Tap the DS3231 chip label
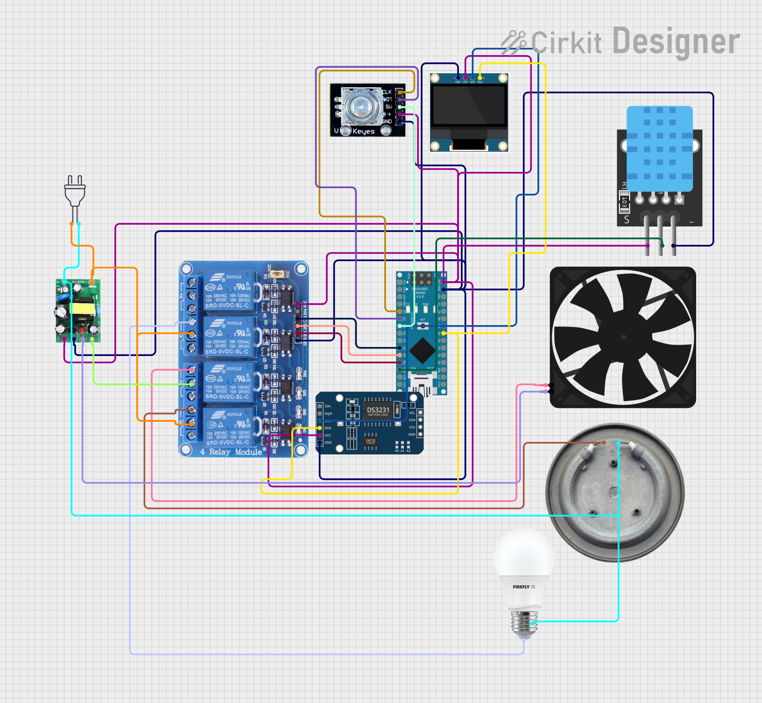point(378,410)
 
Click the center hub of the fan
point(624,337)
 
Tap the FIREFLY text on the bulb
point(521,587)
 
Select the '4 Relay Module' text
point(231,452)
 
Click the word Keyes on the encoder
point(363,131)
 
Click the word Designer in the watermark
point(676,42)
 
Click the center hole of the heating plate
point(614,491)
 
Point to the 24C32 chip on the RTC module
point(370,440)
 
